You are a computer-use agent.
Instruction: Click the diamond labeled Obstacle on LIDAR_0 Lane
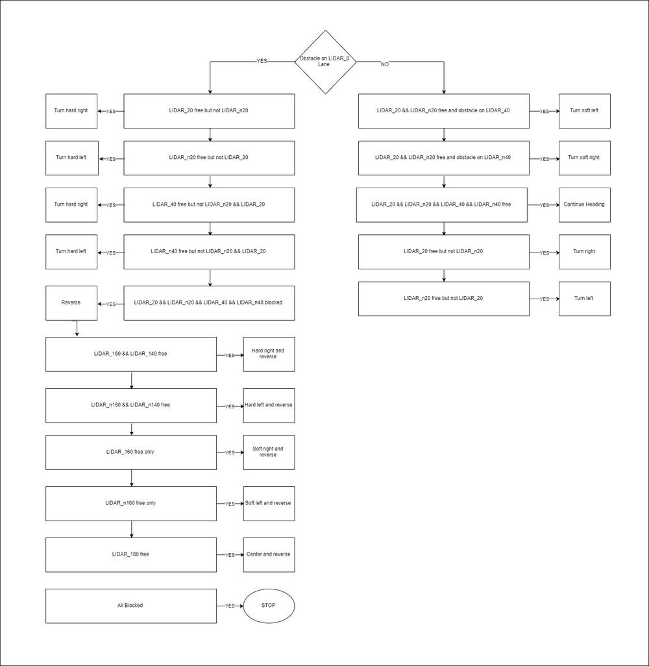(x=325, y=62)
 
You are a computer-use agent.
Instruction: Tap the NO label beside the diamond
(x=385, y=64)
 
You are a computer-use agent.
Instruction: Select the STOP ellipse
(x=269, y=606)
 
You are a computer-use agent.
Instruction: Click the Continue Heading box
(x=585, y=204)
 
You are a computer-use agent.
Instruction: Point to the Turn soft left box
(x=585, y=111)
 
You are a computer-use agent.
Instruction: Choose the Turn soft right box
(x=585, y=158)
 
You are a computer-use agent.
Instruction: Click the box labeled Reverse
(x=71, y=303)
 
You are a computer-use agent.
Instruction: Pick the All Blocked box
(x=131, y=606)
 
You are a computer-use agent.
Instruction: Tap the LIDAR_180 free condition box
(x=131, y=555)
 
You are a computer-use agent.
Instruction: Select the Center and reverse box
(x=269, y=555)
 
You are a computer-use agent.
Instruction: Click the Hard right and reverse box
(x=269, y=354)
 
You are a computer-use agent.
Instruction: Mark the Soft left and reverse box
(x=269, y=504)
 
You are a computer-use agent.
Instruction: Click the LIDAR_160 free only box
(x=131, y=452)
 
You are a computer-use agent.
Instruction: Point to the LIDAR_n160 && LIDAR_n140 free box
(x=131, y=405)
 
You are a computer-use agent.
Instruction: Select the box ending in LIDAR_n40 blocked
(x=210, y=303)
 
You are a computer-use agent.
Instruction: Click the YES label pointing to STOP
(x=230, y=606)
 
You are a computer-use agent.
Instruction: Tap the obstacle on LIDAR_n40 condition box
(x=444, y=158)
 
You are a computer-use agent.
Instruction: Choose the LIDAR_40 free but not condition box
(x=210, y=204)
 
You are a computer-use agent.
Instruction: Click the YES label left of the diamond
(x=262, y=61)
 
